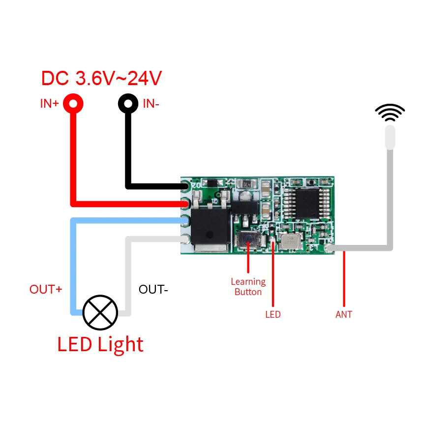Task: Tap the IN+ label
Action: pos(49,104)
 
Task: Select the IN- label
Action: pos(151,104)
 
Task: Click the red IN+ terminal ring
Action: pos(73,104)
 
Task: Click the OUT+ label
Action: pos(46,289)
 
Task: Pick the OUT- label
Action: pos(153,289)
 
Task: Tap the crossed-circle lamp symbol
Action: pos(100,312)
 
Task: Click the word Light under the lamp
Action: pos(121,344)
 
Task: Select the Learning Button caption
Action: pos(248,287)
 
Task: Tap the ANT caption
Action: pos(344,314)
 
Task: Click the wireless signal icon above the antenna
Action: pos(390,113)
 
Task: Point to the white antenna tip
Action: pos(390,137)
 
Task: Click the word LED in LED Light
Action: pos(75,344)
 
